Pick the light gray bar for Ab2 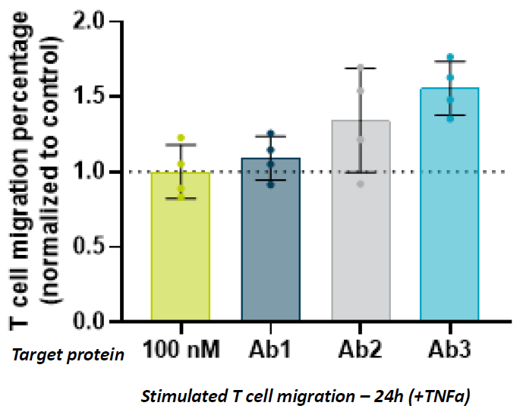(x=361, y=221)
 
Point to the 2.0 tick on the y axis (x=99, y=21)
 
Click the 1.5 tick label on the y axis (x=99, y=96)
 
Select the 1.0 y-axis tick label (x=99, y=171)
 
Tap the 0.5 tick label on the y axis (x=99, y=247)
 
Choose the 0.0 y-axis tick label (x=99, y=322)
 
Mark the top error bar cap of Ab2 (x=361, y=68)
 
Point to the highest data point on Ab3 (x=450, y=58)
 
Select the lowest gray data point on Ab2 (x=361, y=184)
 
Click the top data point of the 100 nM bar (x=181, y=137)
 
